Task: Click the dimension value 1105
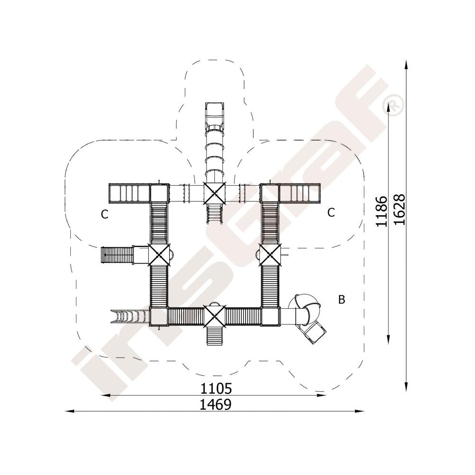click(x=216, y=388)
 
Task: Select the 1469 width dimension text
click(x=216, y=404)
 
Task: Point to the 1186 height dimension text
click(x=381, y=211)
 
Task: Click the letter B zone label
click(x=342, y=300)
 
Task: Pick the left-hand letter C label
click(x=104, y=214)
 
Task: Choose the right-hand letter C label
click(x=331, y=212)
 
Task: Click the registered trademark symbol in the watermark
click(x=393, y=105)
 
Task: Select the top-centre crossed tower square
click(x=215, y=193)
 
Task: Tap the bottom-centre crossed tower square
click(x=215, y=316)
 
